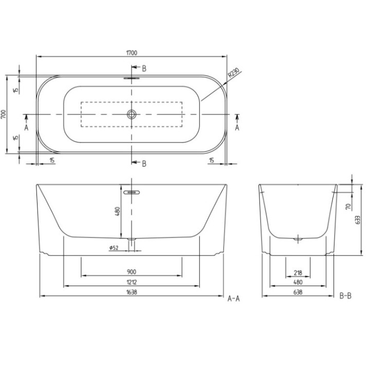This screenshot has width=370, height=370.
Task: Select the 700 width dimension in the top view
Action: coord(4,114)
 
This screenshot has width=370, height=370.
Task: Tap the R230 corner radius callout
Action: coord(233,75)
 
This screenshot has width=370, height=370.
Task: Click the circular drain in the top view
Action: coord(132,114)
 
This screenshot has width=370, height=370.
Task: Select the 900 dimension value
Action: coord(132,272)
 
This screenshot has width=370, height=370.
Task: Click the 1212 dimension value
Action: coord(132,282)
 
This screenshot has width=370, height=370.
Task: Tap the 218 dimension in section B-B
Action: coord(298,273)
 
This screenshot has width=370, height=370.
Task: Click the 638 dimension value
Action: coord(298,292)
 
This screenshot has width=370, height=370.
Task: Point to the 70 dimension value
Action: coord(347,208)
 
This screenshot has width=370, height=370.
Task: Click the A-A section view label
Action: coord(234,298)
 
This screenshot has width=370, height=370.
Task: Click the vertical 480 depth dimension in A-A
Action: coord(118,211)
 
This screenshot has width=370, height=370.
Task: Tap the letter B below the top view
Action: coord(144,163)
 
